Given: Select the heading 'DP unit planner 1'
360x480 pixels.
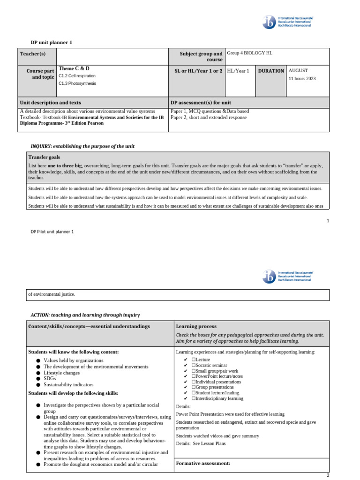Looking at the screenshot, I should [x=52, y=43].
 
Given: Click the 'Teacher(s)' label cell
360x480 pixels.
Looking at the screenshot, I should [x=33, y=54].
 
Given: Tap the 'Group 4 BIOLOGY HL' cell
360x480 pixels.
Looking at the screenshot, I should [x=249, y=53].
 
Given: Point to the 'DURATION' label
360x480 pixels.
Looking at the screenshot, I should [x=271, y=71].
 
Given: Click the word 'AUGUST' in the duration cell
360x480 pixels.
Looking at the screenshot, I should [x=298, y=70].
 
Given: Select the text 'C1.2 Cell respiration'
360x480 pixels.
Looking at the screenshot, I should [x=77, y=75].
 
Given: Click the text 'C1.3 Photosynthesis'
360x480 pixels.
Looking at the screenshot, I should [x=77, y=83].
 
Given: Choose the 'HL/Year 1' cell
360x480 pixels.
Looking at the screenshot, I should [x=238, y=70].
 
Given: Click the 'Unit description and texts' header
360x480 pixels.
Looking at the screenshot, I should [x=50, y=102].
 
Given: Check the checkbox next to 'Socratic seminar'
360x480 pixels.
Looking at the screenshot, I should [x=194, y=365].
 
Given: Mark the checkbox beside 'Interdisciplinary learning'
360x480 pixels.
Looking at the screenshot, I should [x=194, y=398].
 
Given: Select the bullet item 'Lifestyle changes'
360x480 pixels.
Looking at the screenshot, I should [x=61, y=373].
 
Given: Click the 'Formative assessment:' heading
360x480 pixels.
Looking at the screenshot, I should [x=203, y=463].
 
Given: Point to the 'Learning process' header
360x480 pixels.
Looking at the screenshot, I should [x=196, y=326].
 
